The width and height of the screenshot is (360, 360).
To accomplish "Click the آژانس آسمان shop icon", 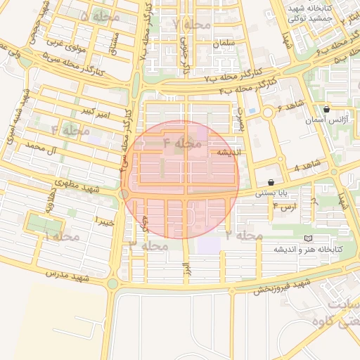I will click(327, 109).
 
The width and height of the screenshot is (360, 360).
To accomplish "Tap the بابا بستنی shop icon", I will click(271, 182).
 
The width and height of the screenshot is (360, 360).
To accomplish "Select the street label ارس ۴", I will click(286, 207).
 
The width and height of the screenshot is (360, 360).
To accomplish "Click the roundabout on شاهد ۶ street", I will click(268, 112).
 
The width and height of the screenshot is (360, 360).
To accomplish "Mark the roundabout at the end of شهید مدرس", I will click(112, 284).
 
